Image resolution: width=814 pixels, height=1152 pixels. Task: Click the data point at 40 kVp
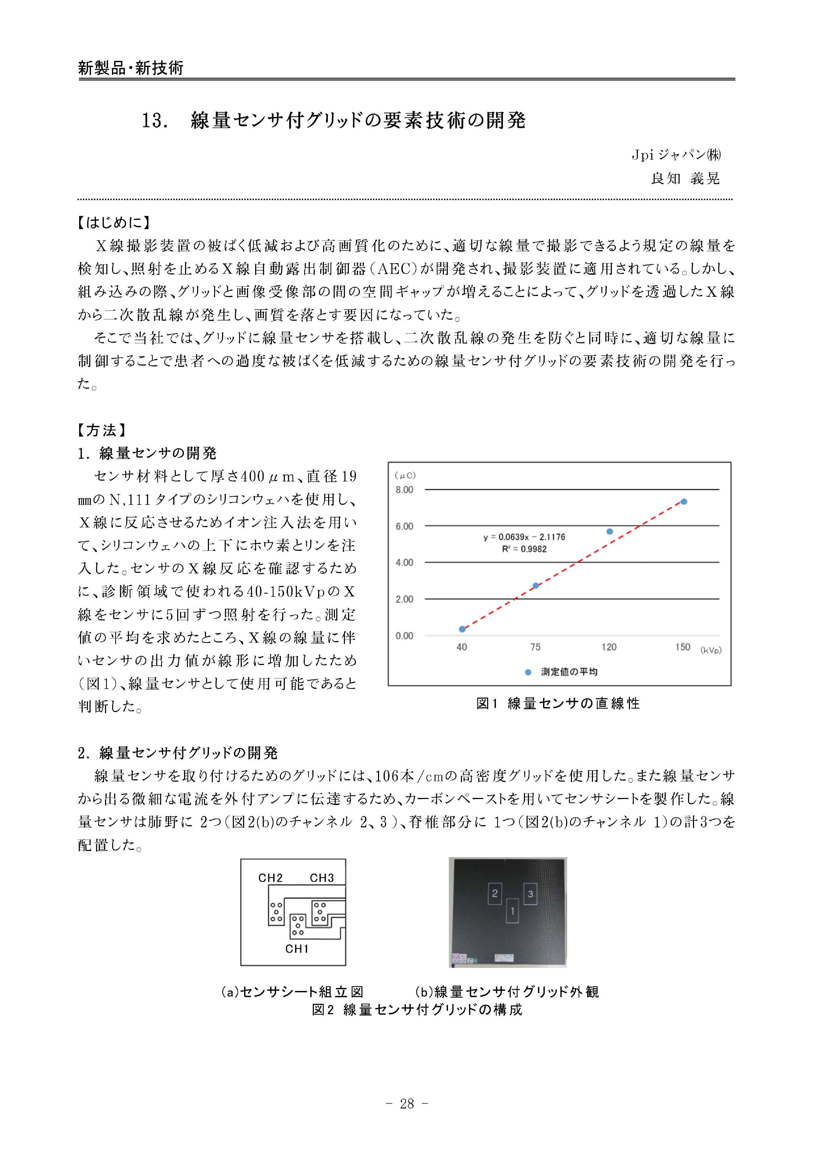click(462, 629)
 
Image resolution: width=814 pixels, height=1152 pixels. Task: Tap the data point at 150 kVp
click(684, 501)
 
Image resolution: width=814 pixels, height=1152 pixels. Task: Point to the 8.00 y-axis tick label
click(404, 490)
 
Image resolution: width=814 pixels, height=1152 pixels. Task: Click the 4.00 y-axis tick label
click(404, 562)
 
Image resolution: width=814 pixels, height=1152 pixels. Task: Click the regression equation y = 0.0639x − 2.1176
click(524, 537)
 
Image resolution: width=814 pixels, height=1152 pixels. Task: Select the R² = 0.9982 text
click(524, 549)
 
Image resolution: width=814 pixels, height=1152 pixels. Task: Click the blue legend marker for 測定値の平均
click(528, 672)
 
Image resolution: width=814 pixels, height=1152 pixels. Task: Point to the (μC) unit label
click(405, 475)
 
